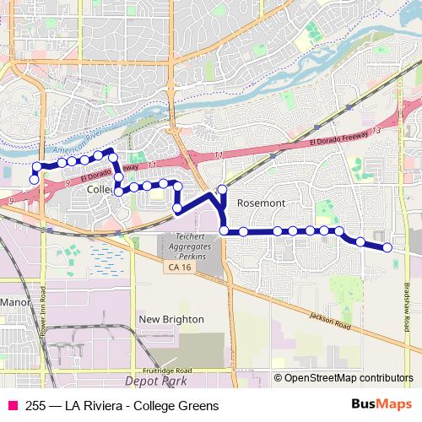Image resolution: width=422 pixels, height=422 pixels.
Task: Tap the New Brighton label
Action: [171, 319]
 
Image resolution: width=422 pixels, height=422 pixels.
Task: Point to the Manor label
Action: [15, 301]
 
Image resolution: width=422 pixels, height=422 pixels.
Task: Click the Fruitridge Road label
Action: [166, 371]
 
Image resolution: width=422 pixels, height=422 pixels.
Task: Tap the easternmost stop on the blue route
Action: [387, 247]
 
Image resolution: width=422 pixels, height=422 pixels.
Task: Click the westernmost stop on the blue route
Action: [35, 179]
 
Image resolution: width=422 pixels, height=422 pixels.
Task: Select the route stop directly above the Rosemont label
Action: [223, 189]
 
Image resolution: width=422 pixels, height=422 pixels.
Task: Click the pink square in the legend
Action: [13, 406]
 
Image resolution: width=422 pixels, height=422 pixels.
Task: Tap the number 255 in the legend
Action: [35, 406]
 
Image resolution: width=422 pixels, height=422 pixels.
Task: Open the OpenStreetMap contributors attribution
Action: [349, 378]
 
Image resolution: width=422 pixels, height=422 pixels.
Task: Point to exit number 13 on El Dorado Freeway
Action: [376, 133]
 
